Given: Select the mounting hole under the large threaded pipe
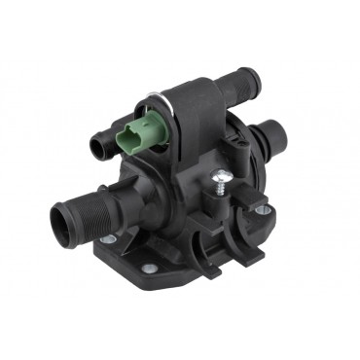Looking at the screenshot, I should [x=108, y=238].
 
